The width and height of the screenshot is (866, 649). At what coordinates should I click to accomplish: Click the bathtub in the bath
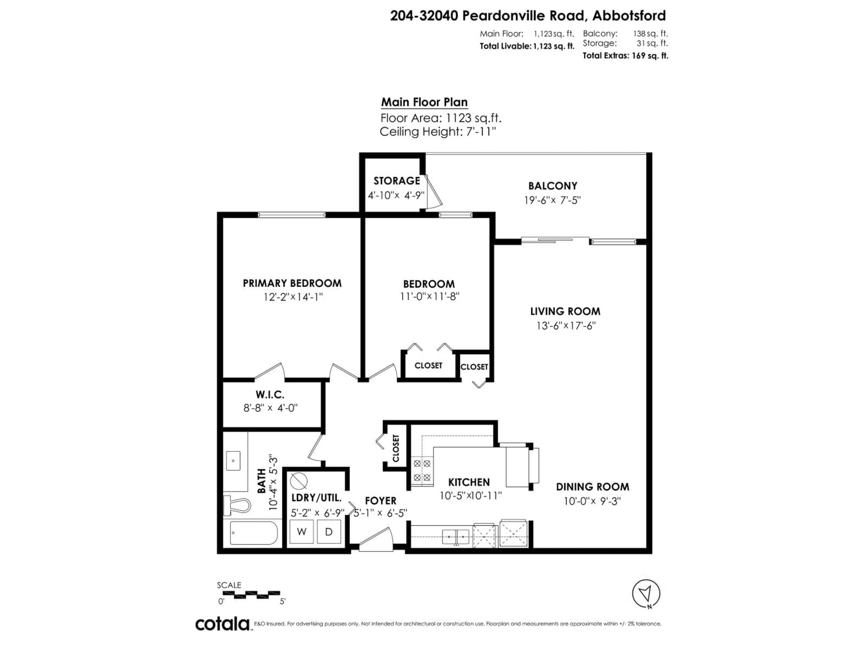point(254,533)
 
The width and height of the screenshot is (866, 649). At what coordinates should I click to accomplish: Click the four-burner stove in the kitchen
point(422,471)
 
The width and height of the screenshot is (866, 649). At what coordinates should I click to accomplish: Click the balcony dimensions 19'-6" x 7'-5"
point(552,200)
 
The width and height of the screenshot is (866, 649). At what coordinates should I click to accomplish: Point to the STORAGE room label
point(397,181)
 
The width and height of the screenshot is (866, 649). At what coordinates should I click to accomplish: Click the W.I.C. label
point(270,394)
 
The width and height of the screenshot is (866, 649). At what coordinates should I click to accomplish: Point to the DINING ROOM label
point(592,487)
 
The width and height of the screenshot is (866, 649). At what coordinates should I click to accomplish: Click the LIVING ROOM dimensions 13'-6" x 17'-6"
point(566,325)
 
